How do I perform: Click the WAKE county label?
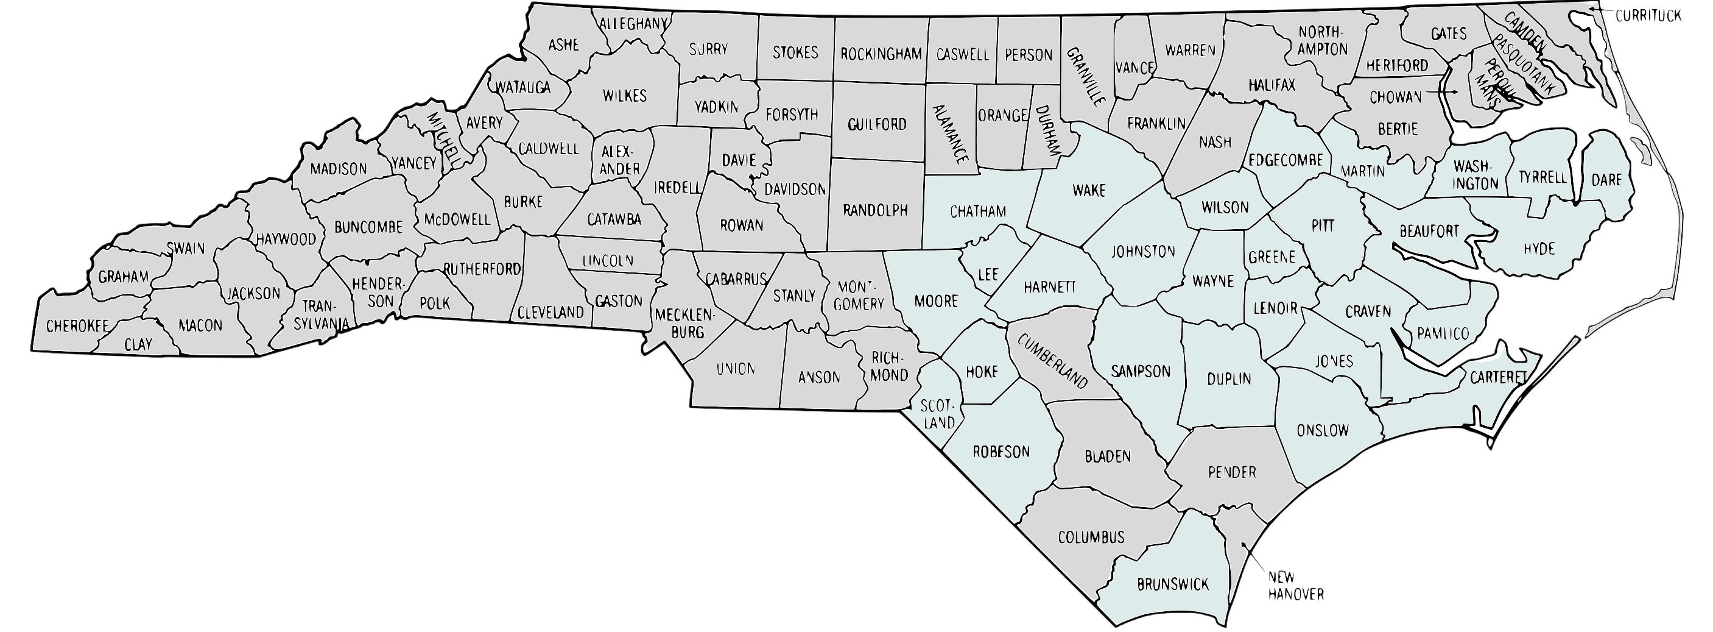(1089, 191)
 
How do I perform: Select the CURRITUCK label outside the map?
(1647, 15)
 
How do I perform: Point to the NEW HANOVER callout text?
(1295, 586)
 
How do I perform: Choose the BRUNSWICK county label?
(1172, 584)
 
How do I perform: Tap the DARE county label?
(1606, 180)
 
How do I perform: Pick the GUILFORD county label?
(877, 124)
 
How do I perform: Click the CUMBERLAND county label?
(1050, 362)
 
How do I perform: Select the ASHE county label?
(563, 44)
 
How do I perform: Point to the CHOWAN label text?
(1395, 97)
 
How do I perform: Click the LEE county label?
(989, 274)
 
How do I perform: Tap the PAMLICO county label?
(1443, 333)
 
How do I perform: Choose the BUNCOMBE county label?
(368, 227)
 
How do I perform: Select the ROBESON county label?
(1001, 452)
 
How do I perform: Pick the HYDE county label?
(1539, 249)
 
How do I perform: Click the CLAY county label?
(138, 344)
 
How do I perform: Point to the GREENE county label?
(1272, 257)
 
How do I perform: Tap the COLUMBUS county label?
(1091, 537)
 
